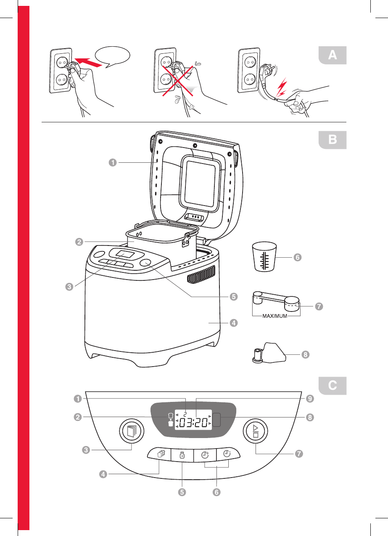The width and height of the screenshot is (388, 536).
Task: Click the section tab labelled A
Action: pos(332,55)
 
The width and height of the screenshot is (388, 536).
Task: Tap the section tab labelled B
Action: pos(332,140)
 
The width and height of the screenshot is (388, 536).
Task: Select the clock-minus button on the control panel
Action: pos(227,455)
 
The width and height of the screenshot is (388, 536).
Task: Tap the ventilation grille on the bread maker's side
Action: pos(200,276)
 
